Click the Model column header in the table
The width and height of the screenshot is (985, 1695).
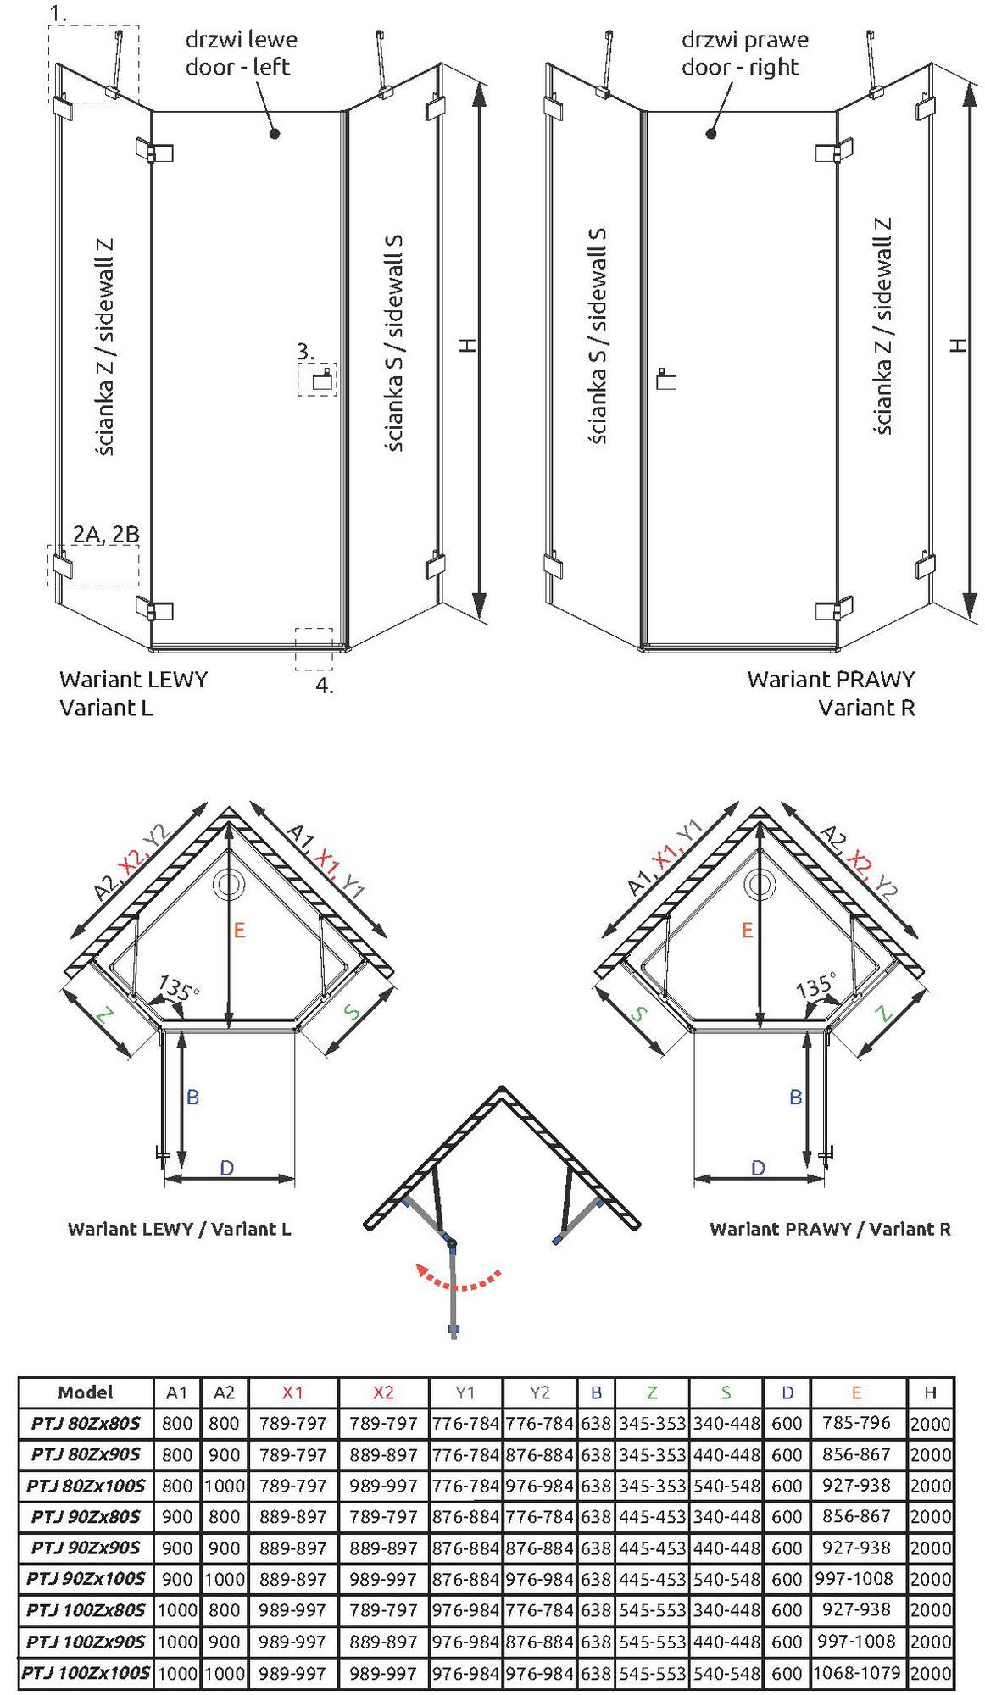[86, 1392]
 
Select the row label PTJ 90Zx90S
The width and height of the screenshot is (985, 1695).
[86, 1548]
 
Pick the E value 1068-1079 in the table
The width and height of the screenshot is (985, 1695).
[856, 1672]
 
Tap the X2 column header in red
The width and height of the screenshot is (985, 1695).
[383, 1392]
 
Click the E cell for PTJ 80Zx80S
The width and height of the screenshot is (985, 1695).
[856, 1423]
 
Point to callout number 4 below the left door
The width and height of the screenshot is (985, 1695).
[324, 686]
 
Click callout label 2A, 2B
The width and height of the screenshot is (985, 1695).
[106, 534]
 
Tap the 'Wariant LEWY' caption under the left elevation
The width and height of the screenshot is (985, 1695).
[133, 679]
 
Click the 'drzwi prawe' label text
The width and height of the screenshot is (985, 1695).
[744, 40]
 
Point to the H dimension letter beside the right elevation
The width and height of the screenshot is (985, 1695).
[958, 345]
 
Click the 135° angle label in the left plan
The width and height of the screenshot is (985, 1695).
[179, 988]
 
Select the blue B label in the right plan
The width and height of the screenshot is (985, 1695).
[795, 1097]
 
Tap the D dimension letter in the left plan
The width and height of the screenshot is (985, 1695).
[226, 1168]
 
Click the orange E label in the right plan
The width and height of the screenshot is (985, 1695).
[747, 931]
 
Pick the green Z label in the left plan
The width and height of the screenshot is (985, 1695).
[103, 1014]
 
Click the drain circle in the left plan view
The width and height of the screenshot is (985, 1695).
[229, 884]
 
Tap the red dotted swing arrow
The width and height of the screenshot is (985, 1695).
[458, 1278]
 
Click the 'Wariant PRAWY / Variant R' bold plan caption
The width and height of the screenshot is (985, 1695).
[830, 1229]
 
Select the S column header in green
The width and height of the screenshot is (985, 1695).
[726, 1392]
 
